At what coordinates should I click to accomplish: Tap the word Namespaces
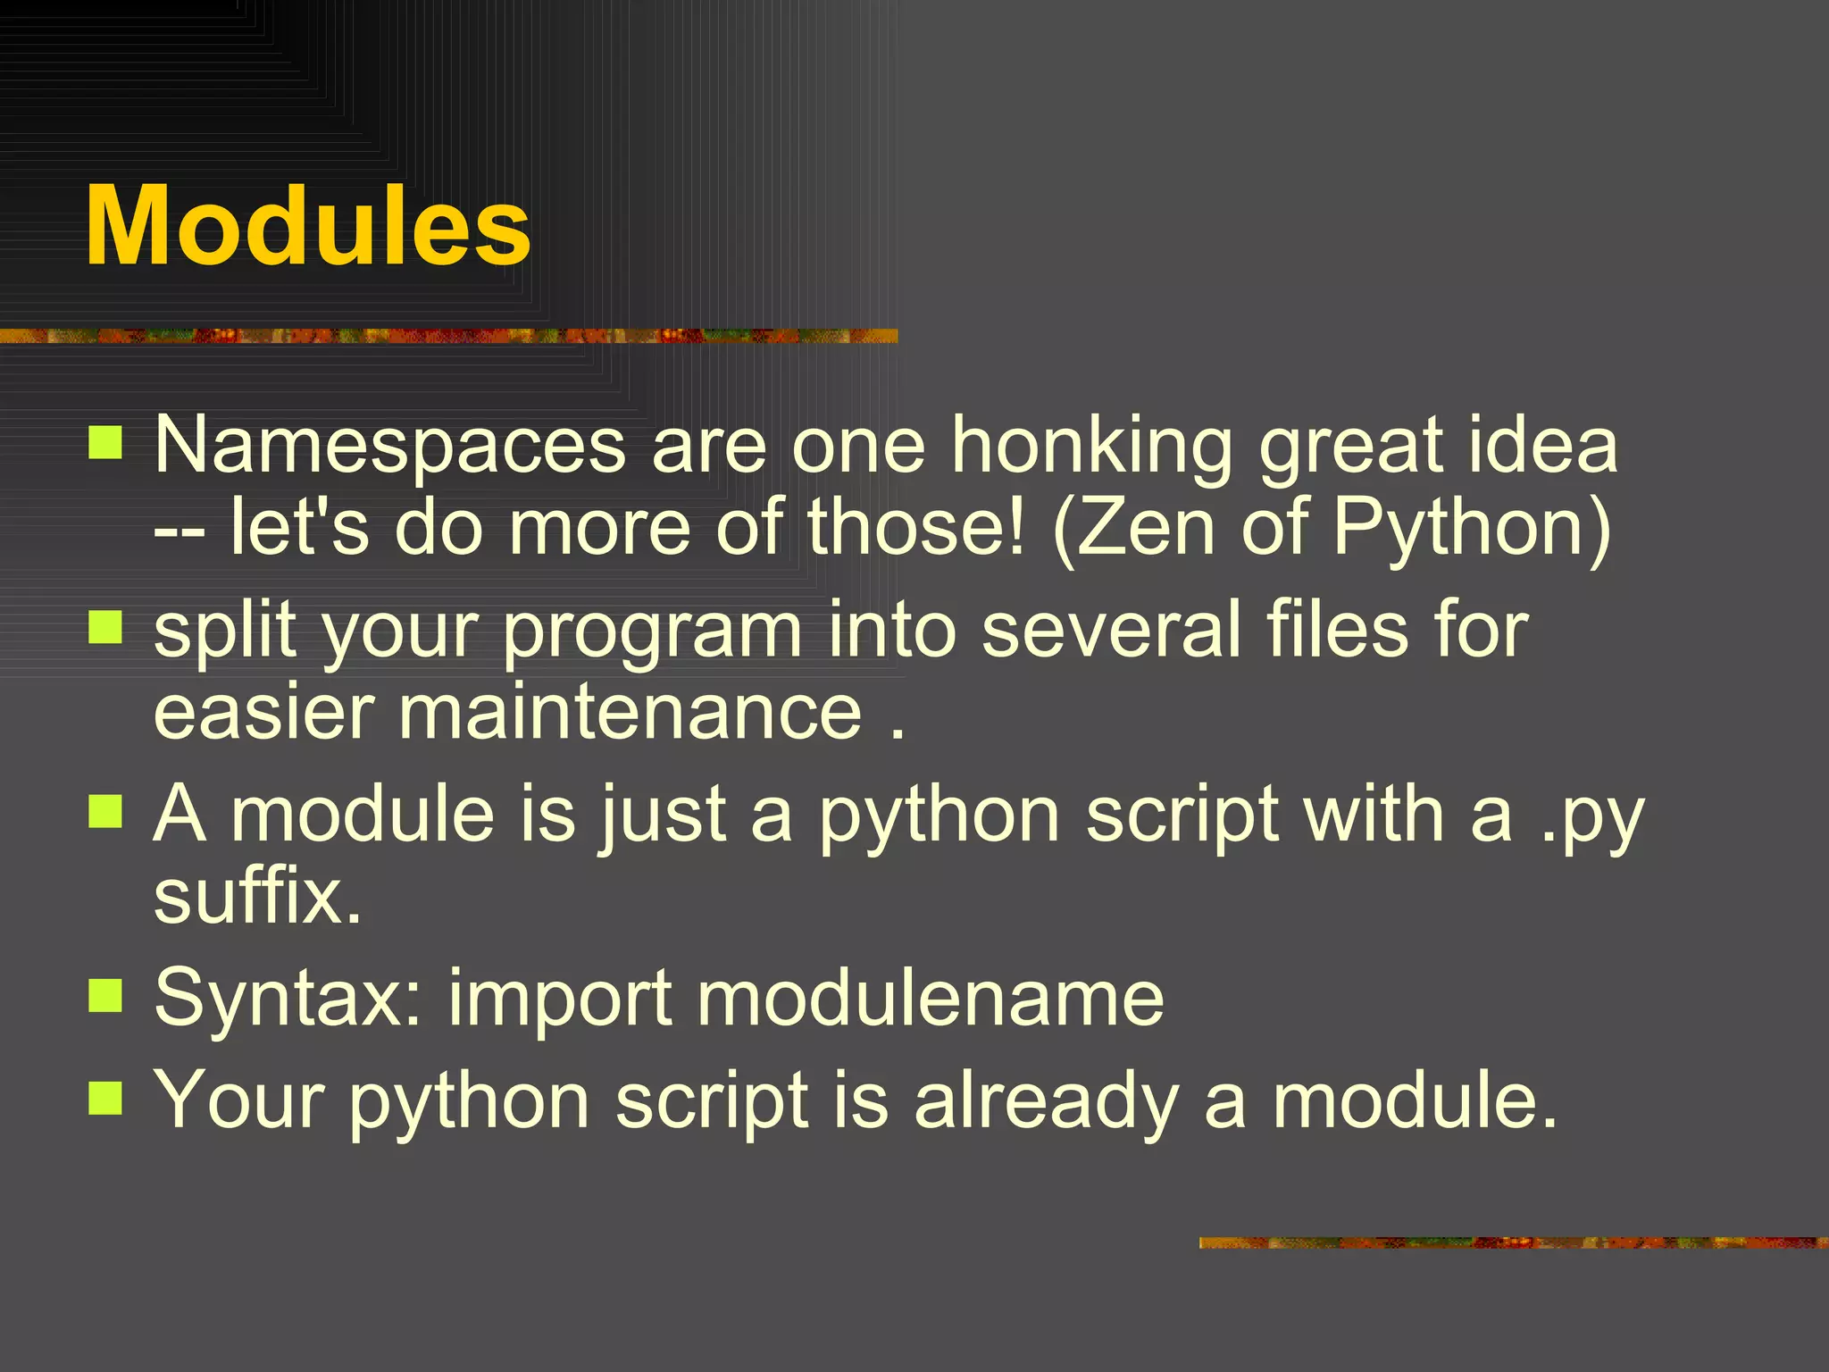[390, 447]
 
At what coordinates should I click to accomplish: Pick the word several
[1112, 631]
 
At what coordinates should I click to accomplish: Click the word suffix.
[257, 897]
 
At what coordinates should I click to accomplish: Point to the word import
[560, 999]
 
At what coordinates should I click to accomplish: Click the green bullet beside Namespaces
[105, 442]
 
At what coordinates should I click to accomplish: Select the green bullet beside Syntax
[105, 994]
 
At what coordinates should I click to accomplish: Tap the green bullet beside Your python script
[105, 1098]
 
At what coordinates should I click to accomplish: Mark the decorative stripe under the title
[447, 336]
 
